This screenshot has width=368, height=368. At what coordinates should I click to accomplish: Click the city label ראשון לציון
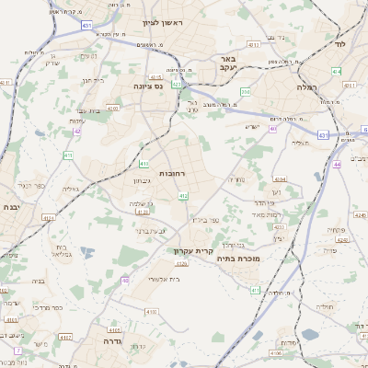point(163,22)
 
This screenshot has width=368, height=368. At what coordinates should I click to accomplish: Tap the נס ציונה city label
point(147,86)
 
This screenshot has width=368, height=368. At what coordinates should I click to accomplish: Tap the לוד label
point(339,43)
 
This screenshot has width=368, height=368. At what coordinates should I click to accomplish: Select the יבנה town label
point(10,207)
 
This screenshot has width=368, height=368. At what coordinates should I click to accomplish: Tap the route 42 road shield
point(77,132)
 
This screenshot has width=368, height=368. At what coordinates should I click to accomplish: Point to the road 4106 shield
point(275,352)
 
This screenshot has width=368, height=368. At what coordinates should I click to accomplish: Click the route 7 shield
point(17,351)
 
